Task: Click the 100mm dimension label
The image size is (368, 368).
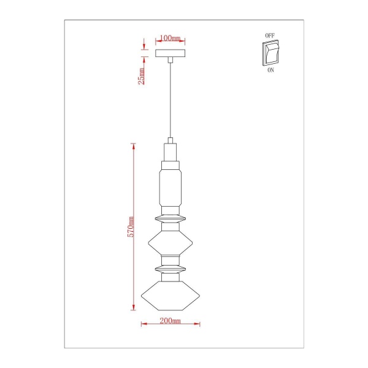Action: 171,38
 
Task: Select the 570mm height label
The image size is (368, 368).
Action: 130,227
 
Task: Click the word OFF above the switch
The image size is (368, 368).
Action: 270,36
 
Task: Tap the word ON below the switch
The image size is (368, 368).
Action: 270,71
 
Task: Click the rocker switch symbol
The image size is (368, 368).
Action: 270,53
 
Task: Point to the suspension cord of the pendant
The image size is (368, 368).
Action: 171,98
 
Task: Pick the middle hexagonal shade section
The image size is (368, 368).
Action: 171,243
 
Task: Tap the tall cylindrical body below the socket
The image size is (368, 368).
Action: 171,187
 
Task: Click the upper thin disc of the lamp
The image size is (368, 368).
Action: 171,217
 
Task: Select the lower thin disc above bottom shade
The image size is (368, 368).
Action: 171,269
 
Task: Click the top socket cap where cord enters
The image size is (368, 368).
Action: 171,151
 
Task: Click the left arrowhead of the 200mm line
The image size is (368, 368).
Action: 143,324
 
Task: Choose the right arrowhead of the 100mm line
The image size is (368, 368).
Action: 183,42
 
